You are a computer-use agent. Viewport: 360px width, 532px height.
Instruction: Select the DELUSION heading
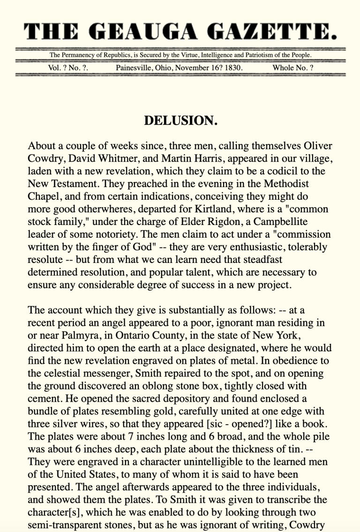click(x=180, y=120)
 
